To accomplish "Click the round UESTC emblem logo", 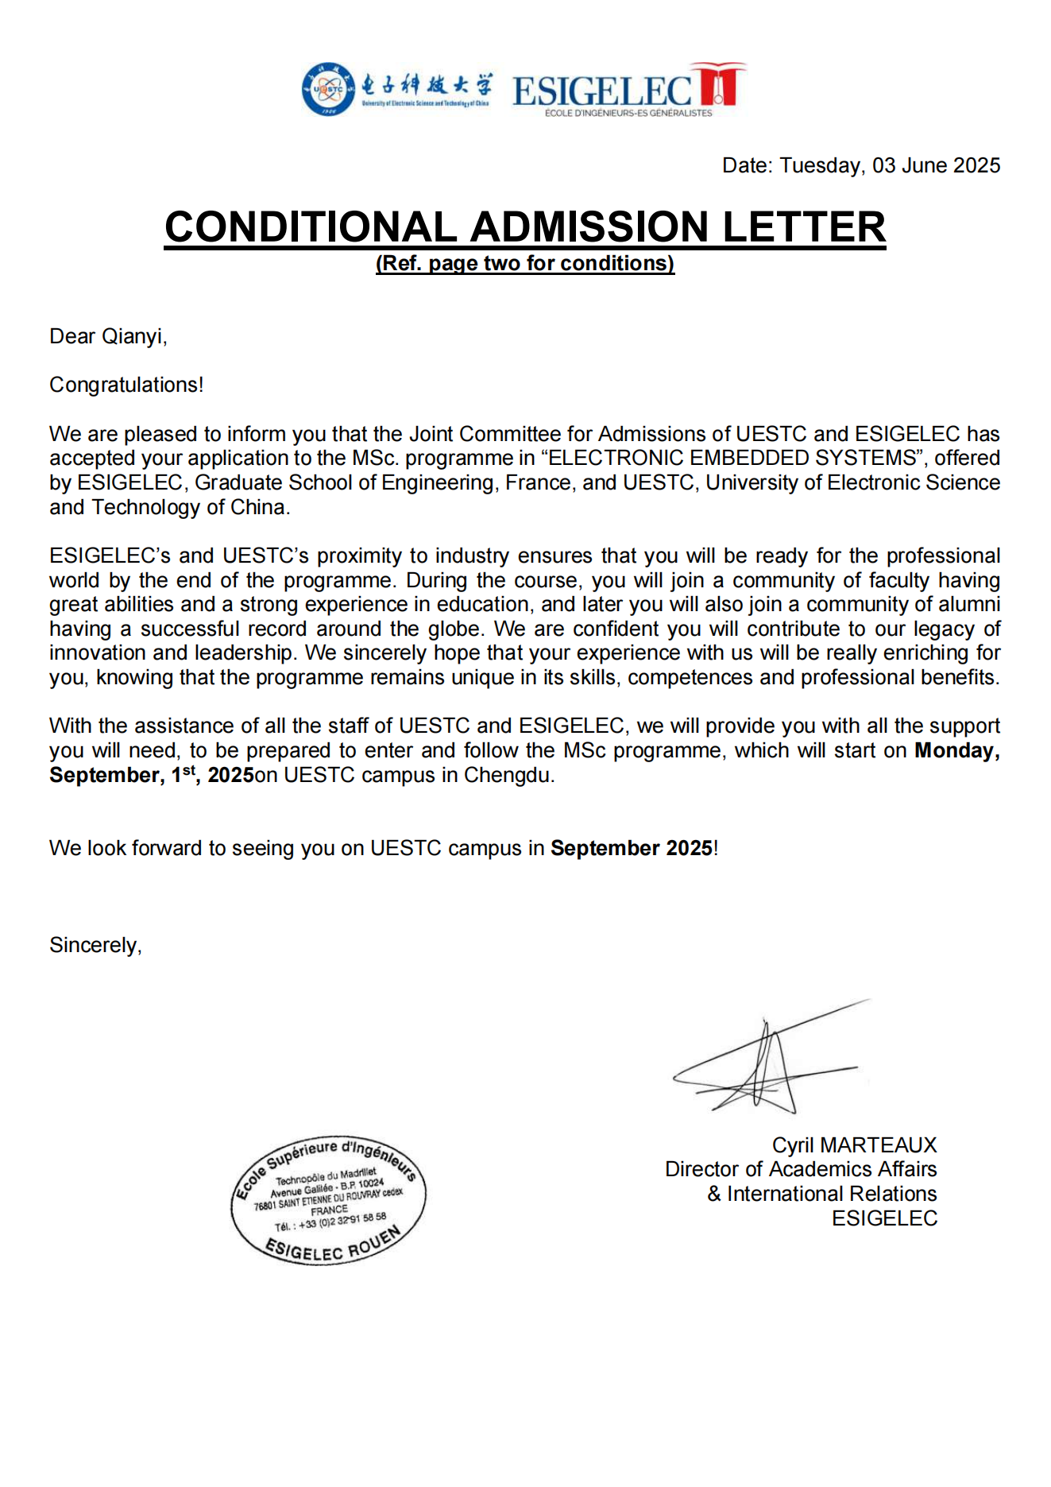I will [327, 89].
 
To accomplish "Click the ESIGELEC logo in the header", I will [628, 90].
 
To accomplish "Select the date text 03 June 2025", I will [936, 165].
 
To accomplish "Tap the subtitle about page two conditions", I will [525, 263].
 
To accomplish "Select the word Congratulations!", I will [126, 385].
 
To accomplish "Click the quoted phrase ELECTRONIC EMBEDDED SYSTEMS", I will [732, 458].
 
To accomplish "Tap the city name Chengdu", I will [508, 775].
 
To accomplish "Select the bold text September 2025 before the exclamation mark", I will [632, 848].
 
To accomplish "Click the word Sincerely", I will [95, 945].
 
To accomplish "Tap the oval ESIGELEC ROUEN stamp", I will [328, 1200].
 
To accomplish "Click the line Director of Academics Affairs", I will [801, 1169].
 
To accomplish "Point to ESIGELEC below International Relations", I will [884, 1218].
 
